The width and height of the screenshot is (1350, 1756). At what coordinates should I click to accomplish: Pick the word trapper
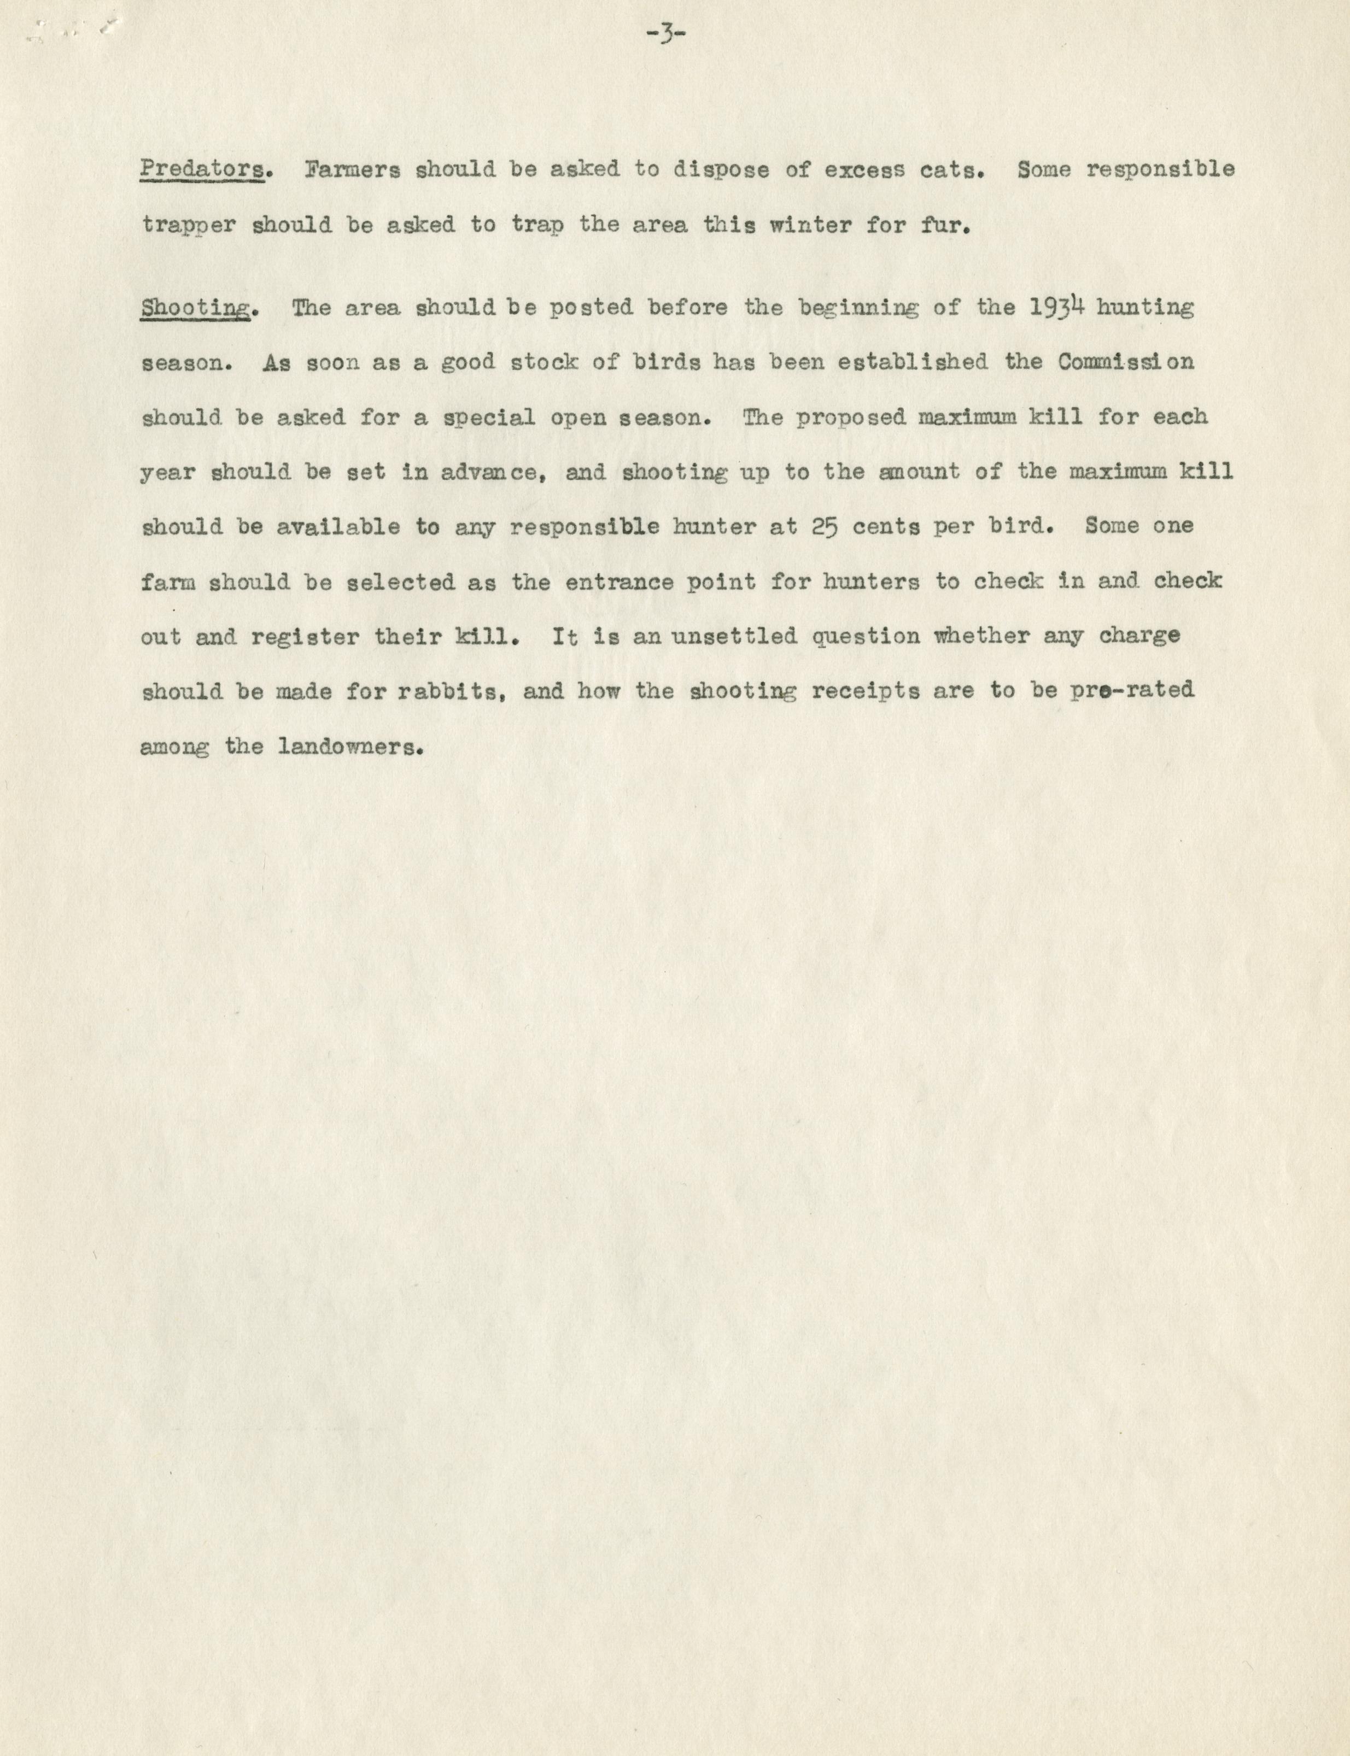click(x=189, y=226)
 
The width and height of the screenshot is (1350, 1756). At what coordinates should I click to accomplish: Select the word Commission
click(x=1125, y=362)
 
